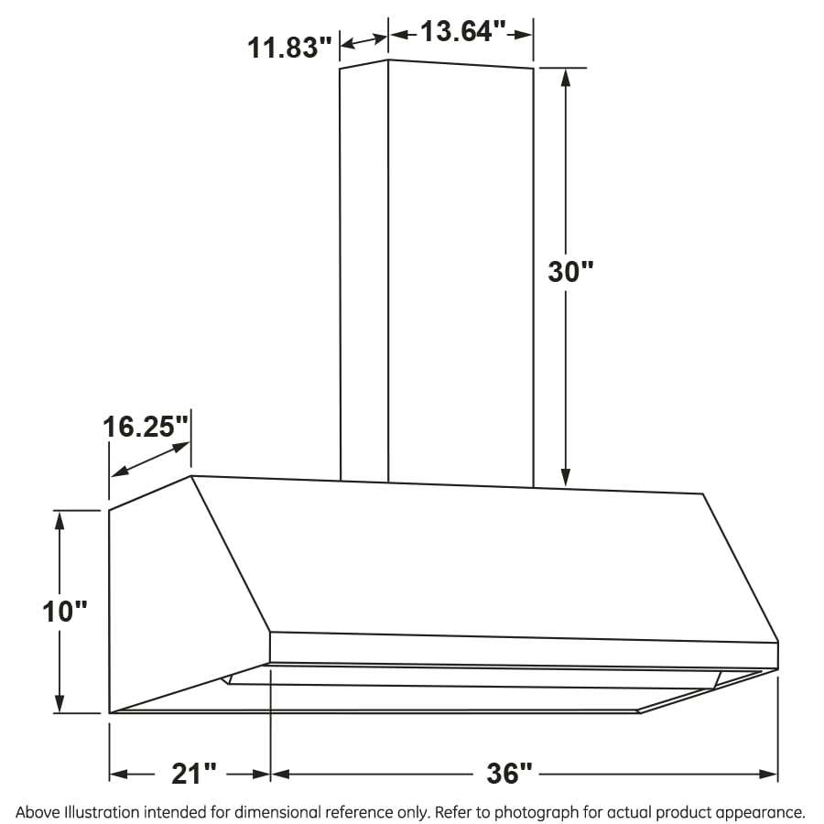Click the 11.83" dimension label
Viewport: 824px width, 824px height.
(x=289, y=47)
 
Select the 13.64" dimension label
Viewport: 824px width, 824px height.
(x=463, y=33)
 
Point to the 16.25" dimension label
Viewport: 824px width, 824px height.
(x=146, y=428)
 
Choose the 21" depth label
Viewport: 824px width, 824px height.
(x=195, y=774)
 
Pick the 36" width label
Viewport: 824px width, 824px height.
(x=509, y=774)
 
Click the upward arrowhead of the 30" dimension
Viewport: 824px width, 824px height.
(x=566, y=77)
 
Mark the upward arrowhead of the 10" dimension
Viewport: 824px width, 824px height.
(x=60, y=519)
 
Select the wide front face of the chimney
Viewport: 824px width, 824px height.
(x=461, y=275)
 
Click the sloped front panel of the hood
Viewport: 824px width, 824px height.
(x=476, y=558)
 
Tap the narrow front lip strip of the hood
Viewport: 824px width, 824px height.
(x=522, y=649)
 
